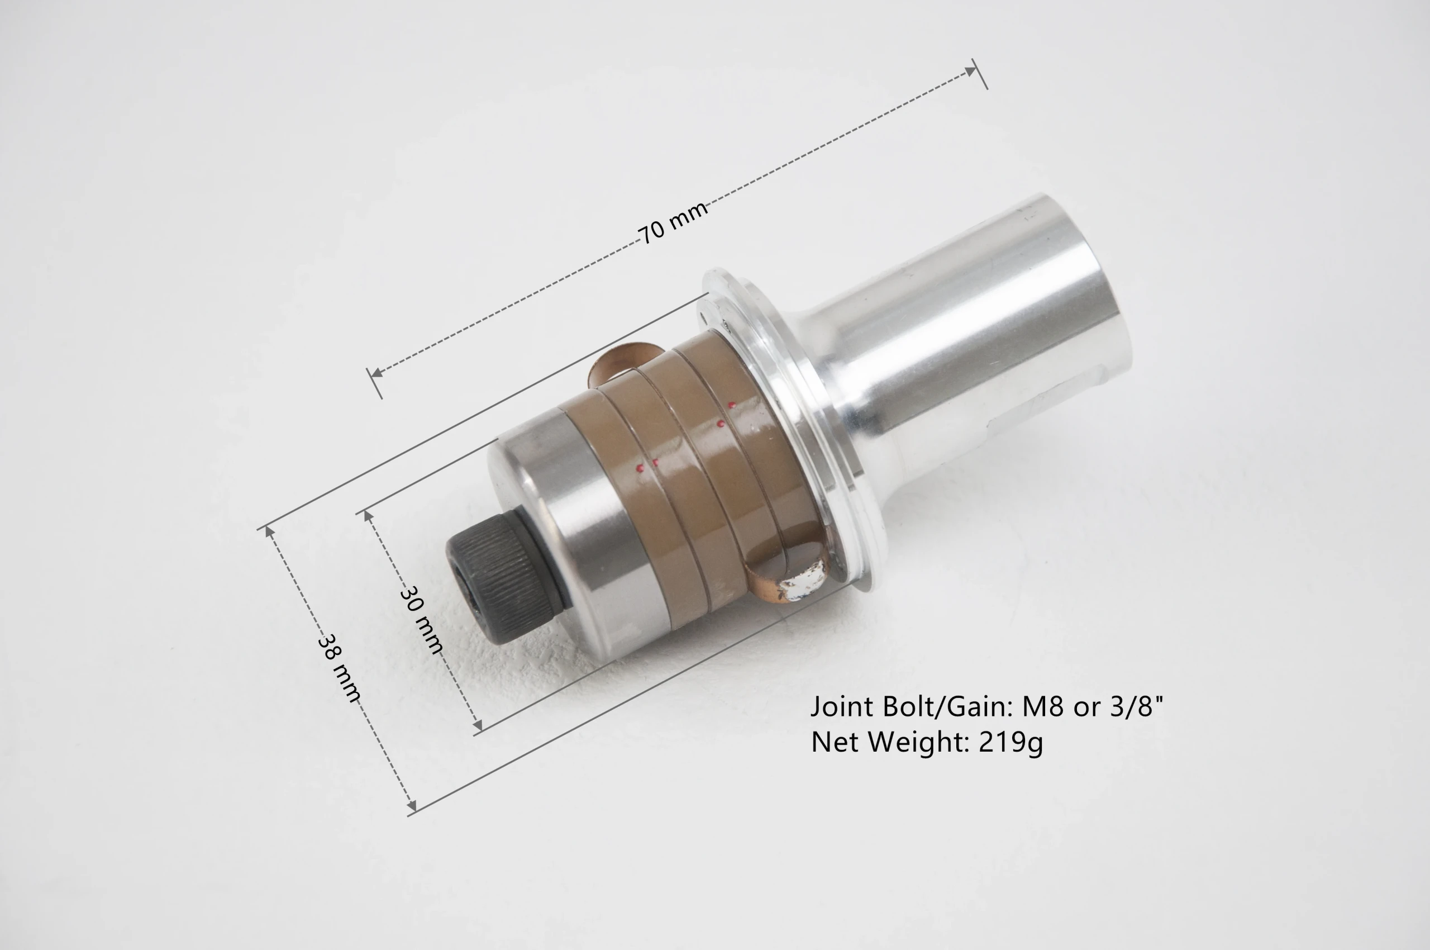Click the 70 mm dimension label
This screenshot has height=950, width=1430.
(673, 222)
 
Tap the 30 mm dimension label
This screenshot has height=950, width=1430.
(422, 619)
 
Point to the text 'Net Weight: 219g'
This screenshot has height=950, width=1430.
(927, 742)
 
